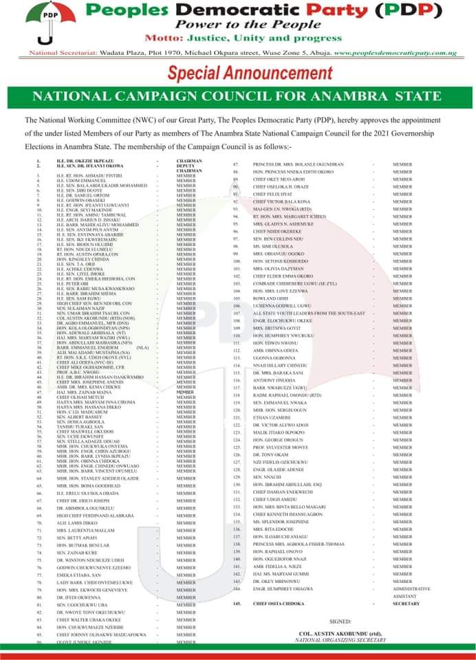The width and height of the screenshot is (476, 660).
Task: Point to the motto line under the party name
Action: click(239, 40)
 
